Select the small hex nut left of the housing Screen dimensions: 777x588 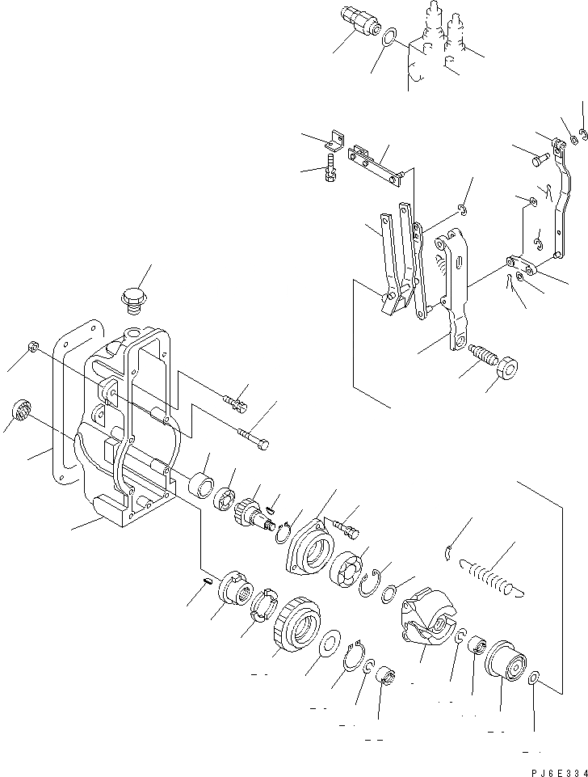32,347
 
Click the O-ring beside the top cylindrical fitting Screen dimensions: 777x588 388,38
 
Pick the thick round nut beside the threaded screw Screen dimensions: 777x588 507,369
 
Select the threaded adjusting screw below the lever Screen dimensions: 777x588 481,356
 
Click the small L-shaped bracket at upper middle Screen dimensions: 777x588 335,142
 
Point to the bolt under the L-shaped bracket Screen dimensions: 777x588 330,172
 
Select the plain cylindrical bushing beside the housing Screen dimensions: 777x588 199,487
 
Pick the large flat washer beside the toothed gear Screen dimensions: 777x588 329,646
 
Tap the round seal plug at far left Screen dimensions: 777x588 22,411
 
